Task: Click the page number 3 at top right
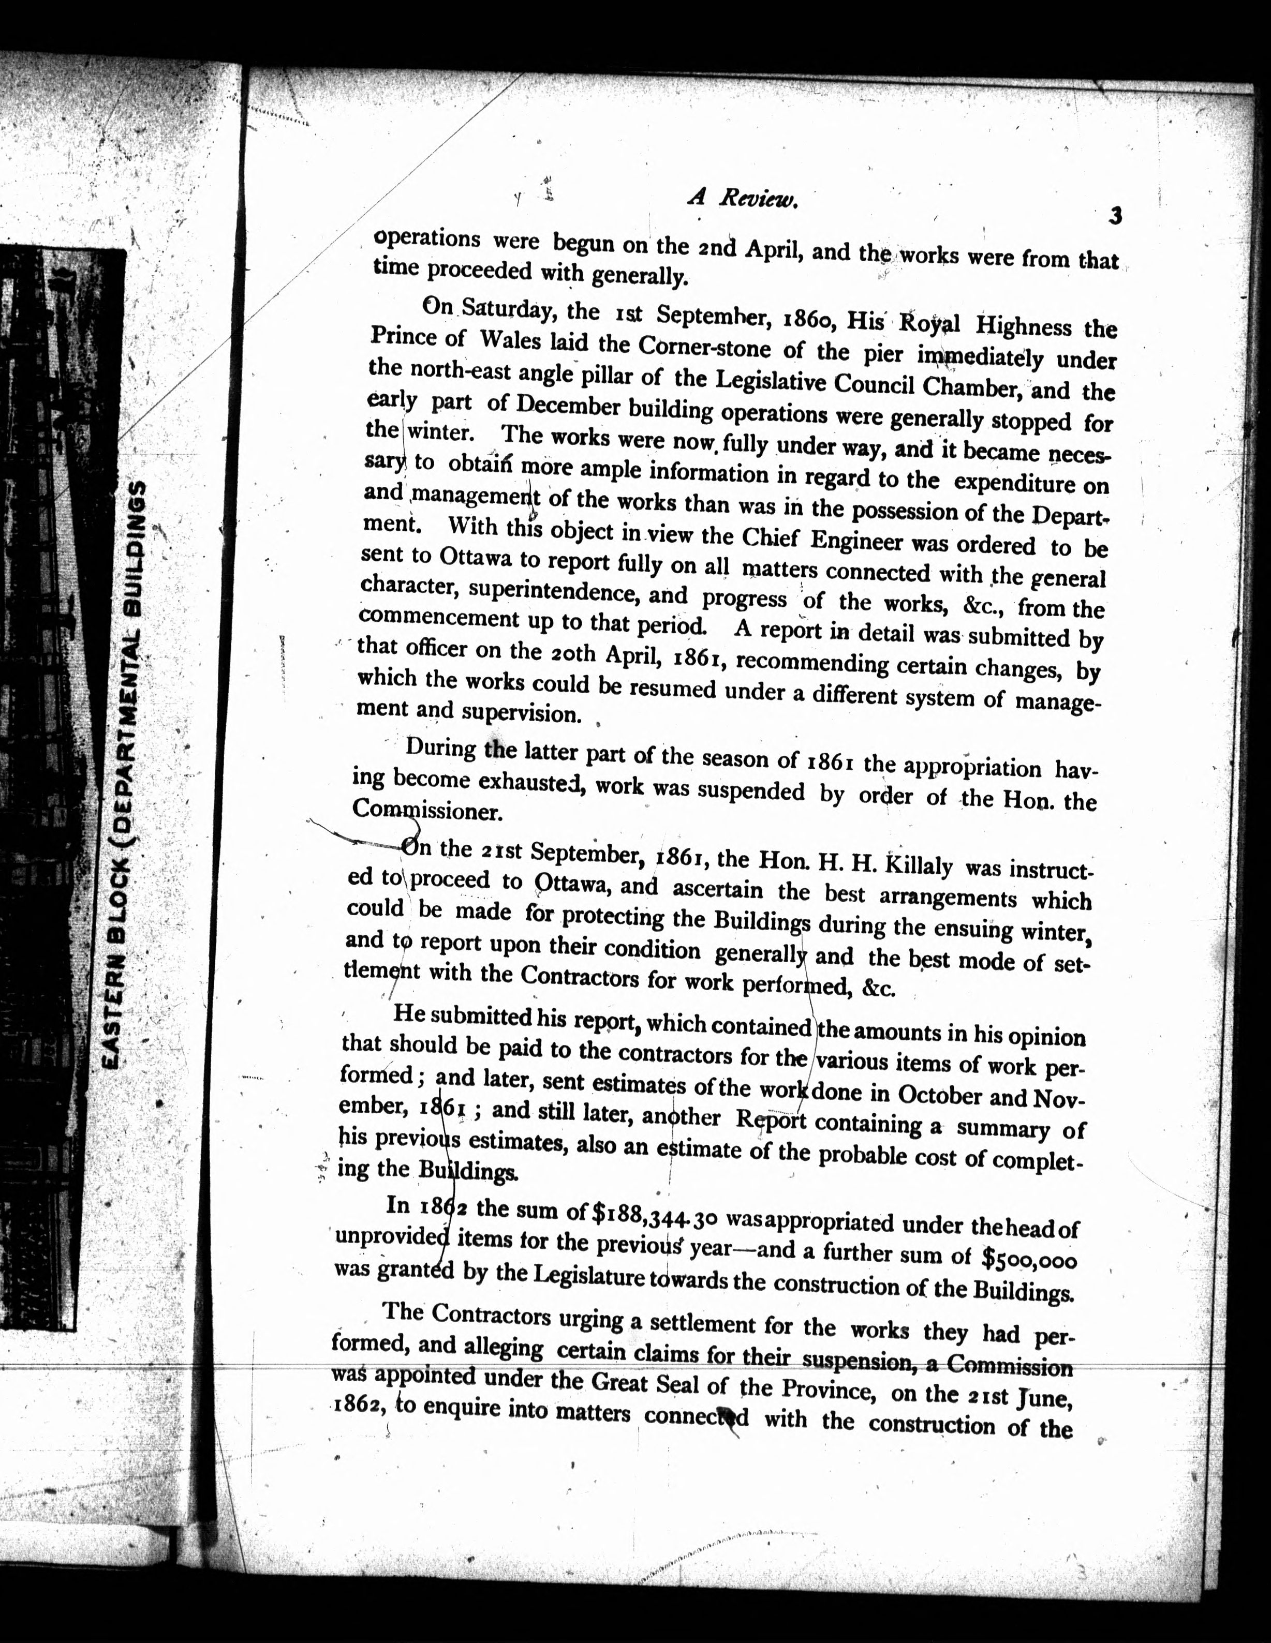click(1115, 216)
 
